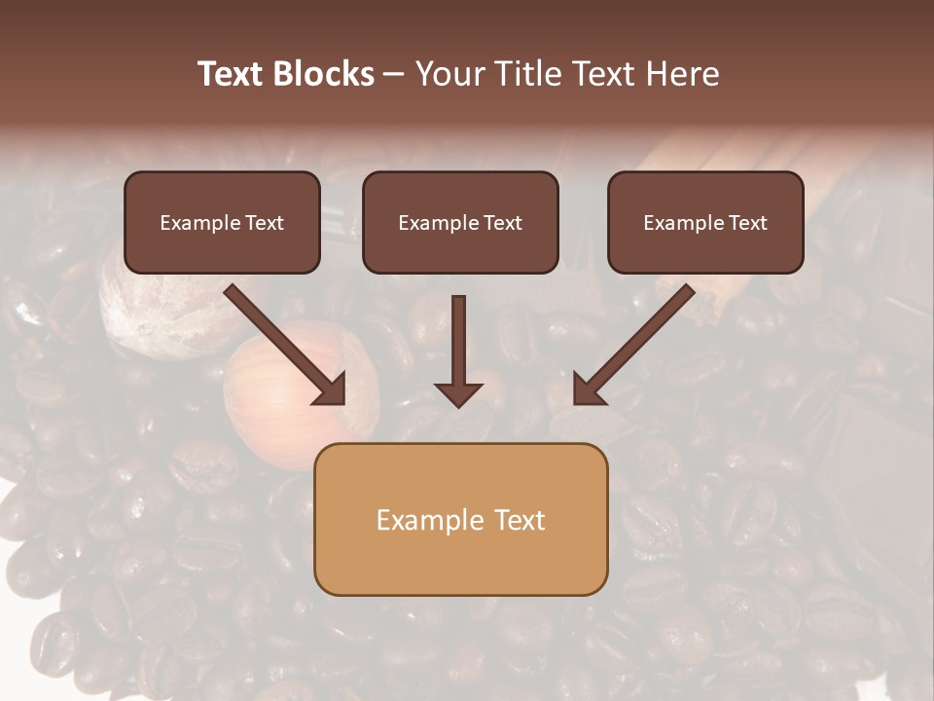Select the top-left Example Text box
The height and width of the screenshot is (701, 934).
(x=222, y=223)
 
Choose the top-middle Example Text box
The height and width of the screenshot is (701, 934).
(x=460, y=223)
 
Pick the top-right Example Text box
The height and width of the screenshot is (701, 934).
(x=705, y=223)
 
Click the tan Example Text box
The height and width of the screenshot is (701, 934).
(x=460, y=520)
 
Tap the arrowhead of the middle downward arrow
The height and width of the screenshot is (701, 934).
(x=458, y=393)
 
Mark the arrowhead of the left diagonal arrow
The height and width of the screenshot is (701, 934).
(x=331, y=389)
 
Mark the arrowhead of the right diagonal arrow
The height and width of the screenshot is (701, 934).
(x=588, y=389)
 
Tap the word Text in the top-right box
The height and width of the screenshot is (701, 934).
(x=748, y=223)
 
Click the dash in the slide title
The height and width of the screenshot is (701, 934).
(x=394, y=75)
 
